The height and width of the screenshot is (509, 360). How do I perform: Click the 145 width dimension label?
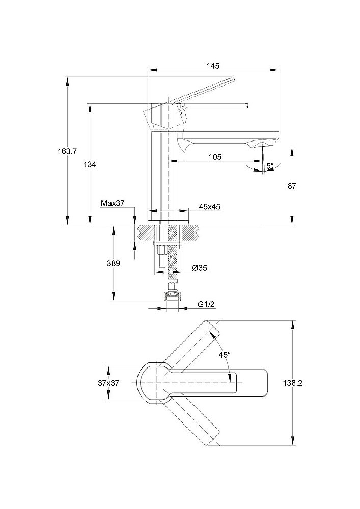click(213, 65)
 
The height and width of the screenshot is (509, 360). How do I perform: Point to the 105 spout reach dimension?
click(215, 157)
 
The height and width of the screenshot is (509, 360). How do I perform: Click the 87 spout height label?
click(292, 186)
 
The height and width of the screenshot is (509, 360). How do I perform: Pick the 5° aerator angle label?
click(270, 165)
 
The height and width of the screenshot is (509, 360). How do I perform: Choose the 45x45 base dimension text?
click(209, 206)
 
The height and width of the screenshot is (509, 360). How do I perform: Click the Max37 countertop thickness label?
click(113, 203)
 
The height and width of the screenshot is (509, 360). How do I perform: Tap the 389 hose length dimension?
click(113, 263)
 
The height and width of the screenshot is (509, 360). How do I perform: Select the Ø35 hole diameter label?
click(199, 268)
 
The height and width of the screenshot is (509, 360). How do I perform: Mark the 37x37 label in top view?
click(108, 383)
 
